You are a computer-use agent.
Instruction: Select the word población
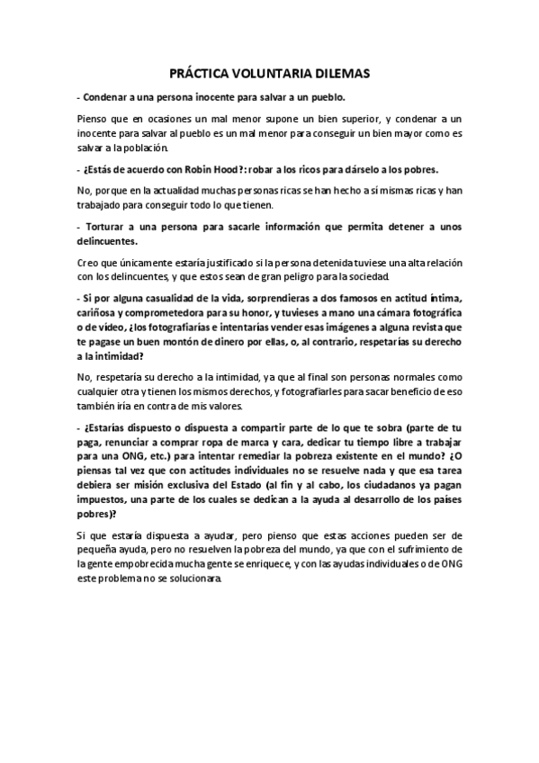[x=153, y=148]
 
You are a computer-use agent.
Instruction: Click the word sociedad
[x=367, y=275]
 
